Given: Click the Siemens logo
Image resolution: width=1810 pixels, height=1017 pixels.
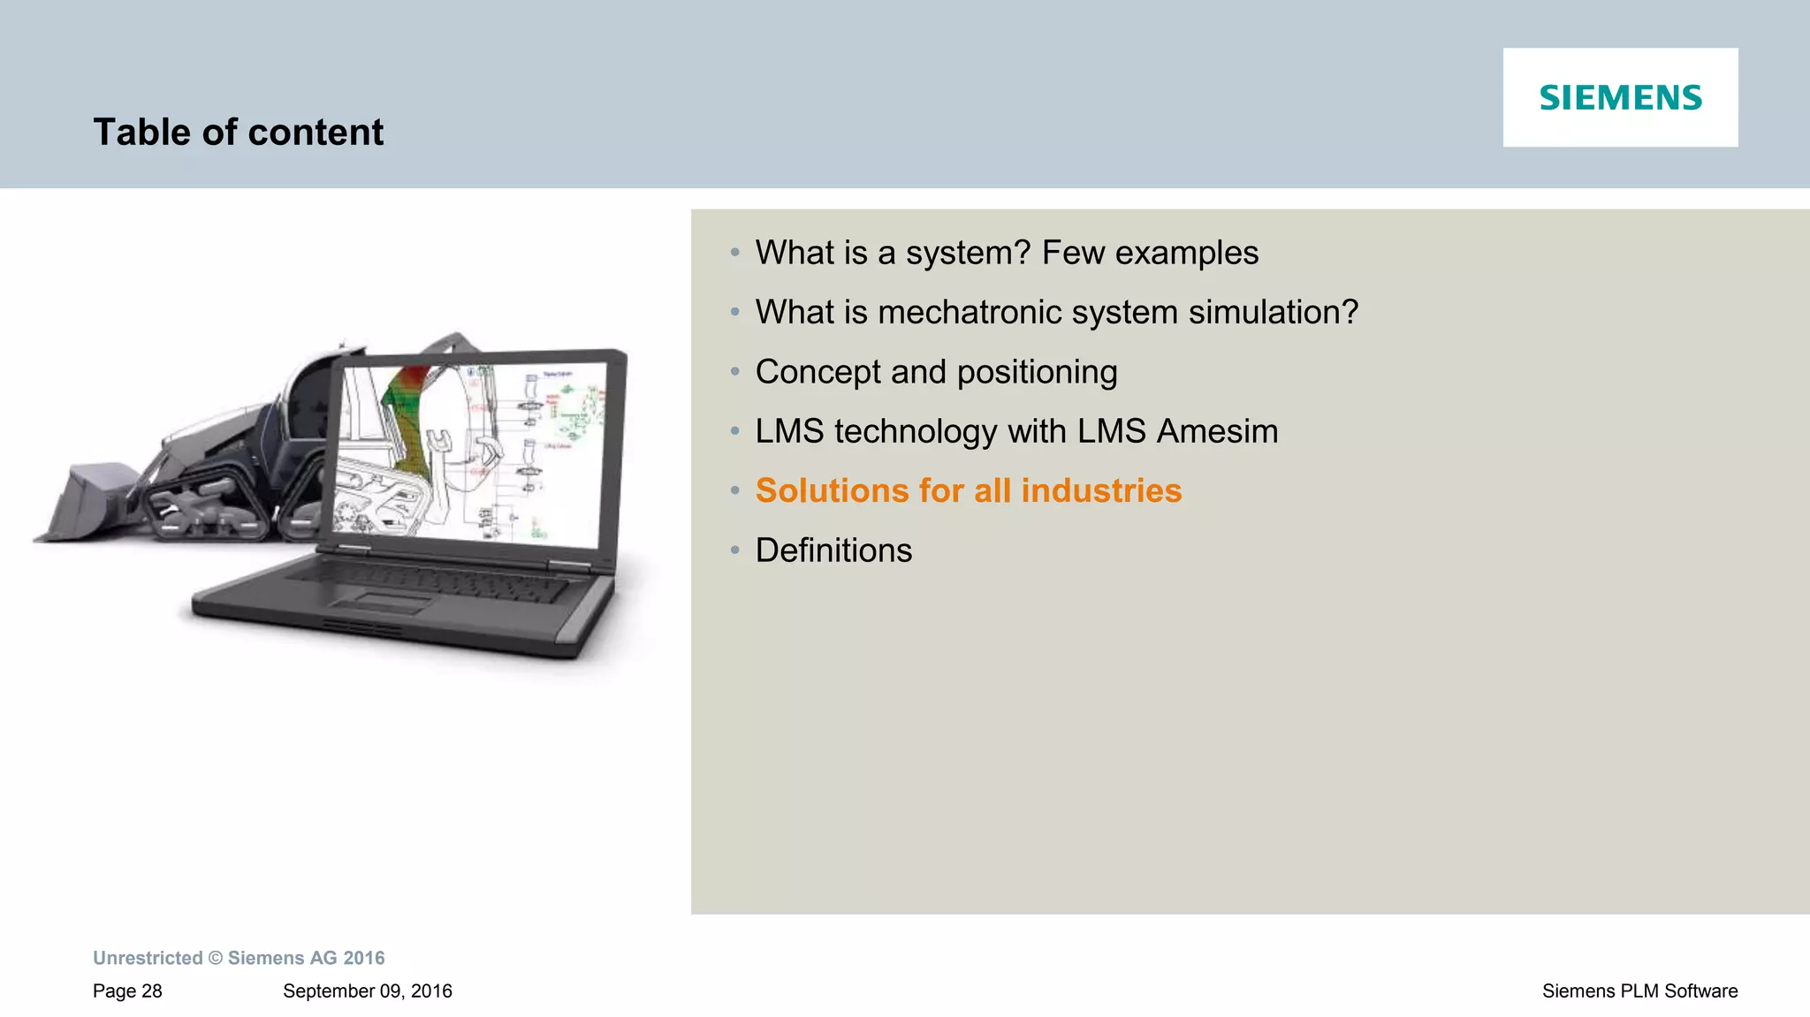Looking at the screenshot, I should point(1620,97).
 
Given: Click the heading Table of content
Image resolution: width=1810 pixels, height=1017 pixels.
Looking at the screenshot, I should point(238,133).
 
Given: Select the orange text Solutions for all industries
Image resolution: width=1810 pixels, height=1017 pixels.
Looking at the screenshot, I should point(968,490).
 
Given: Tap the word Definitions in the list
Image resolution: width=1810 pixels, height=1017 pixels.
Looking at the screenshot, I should point(833,550).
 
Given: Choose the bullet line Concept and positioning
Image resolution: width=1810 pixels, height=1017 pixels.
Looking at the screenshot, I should point(936,372).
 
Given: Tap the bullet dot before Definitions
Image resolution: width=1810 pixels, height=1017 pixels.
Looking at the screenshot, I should point(734,550).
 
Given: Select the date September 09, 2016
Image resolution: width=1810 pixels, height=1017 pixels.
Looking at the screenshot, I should point(367,991).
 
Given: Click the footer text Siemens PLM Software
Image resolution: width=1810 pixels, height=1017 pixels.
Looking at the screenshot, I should point(1639,991).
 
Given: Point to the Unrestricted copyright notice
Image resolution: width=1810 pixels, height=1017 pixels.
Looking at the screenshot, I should point(239,958).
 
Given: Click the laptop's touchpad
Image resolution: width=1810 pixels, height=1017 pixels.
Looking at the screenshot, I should point(382,603).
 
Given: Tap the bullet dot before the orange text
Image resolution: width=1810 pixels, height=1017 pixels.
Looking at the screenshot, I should point(734,491).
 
